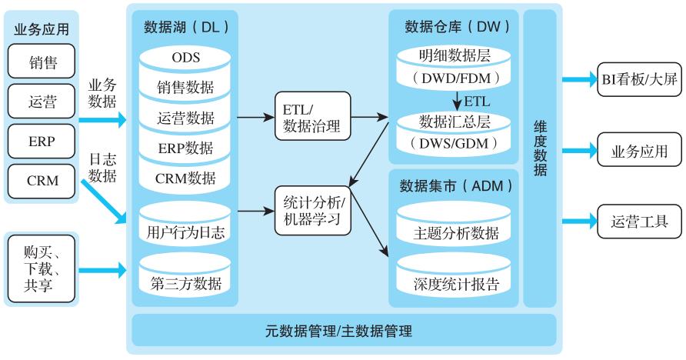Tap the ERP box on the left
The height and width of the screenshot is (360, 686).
(42, 142)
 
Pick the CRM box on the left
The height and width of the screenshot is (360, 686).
(42, 181)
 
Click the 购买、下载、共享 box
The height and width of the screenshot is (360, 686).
(42, 268)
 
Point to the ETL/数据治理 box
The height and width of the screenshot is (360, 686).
(311, 117)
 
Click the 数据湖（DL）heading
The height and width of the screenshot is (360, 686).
(186, 27)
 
